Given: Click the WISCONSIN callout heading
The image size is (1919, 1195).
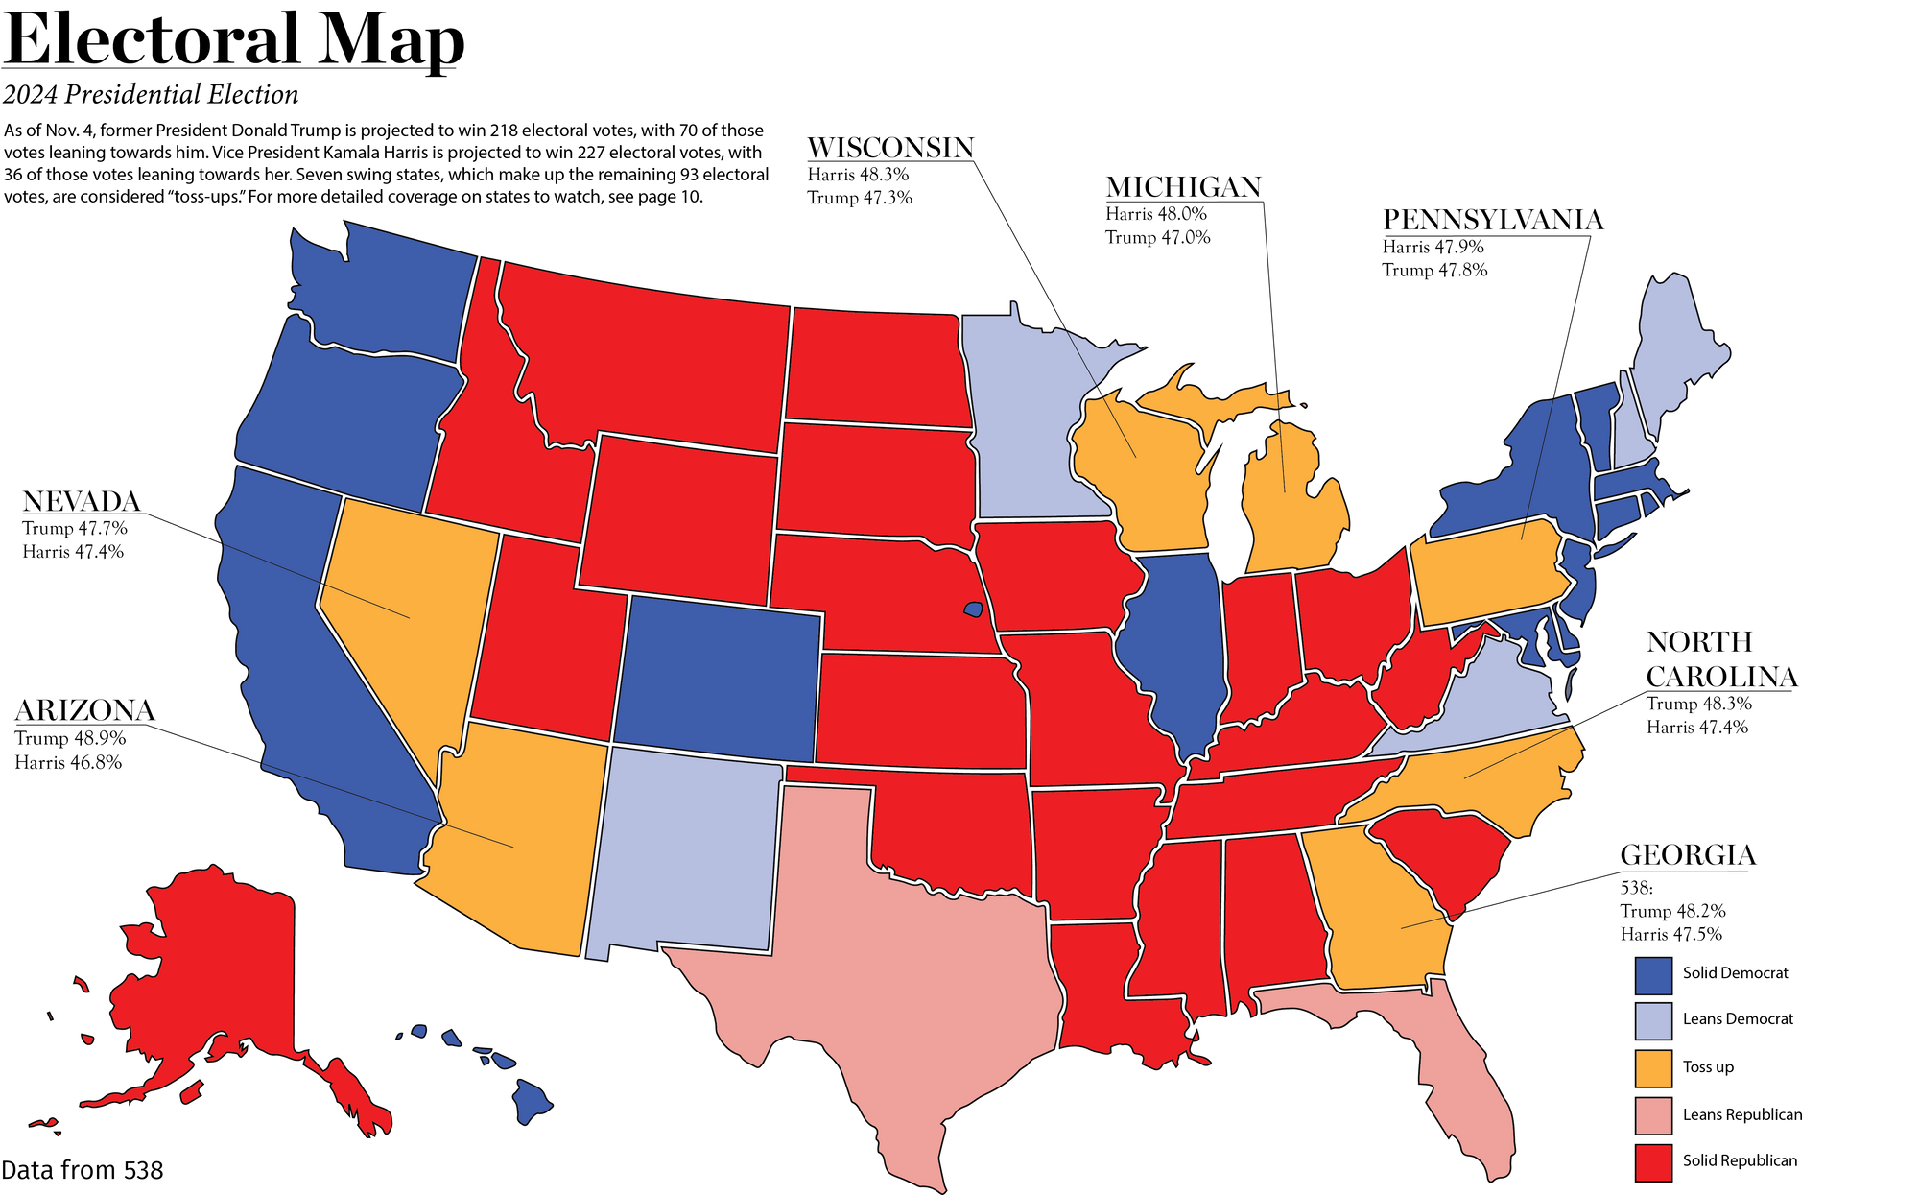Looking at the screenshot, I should click(x=889, y=149).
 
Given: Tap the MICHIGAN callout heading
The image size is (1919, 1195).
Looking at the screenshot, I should click(x=1183, y=188).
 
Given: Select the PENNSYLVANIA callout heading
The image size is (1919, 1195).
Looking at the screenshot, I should click(x=1492, y=221).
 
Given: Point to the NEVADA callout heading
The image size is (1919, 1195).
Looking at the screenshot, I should click(x=82, y=501).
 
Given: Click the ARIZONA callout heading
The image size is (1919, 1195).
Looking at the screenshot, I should click(x=84, y=711).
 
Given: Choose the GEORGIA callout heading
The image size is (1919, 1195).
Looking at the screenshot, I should click(x=1688, y=855).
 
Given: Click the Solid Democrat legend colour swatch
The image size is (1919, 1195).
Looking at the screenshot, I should click(x=1652, y=973).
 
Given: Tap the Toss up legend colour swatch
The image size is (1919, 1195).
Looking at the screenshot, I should click(x=1652, y=1066).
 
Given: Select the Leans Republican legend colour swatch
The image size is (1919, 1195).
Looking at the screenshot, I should click(x=1652, y=1114).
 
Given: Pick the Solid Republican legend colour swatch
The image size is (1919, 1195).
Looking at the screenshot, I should click(x=1652, y=1161).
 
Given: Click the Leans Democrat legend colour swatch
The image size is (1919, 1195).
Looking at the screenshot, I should click(x=1652, y=1019).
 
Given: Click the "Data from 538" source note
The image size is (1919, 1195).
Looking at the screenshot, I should click(x=83, y=1170).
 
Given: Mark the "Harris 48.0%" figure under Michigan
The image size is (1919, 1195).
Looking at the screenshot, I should click(x=1156, y=215).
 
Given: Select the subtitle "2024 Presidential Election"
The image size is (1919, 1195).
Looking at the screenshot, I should click(x=151, y=95).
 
